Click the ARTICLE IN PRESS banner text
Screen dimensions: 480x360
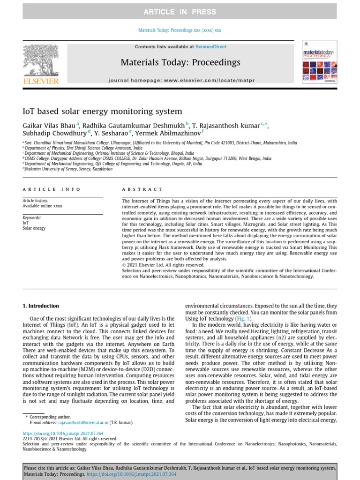pyautogui.click(x=180, y=12)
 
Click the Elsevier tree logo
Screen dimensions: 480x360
pyautogui.click(x=41, y=60)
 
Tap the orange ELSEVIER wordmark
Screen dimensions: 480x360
pyautogui.click(x=41, y=81)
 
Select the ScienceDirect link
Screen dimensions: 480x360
pyautogui.click(x=211, y=47)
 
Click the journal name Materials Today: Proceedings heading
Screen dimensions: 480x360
pyautogui.click(x=180, y=62)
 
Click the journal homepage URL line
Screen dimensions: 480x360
pyautogui.click(x=182, y=81)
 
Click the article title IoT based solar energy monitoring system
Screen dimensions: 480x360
pyautogui.click(x=102, y=112)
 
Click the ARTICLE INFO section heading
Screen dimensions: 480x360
pyautogui.click(x=52, y=189)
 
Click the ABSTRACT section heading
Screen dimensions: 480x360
pyautogui.click(x=135, y=189)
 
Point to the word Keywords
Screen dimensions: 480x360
pyautogui.click(x=32, y=218)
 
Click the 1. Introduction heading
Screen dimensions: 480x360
pyautogui.click(x=41, y=306)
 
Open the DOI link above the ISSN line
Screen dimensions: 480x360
pyautogui.click(x=63, y=434)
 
